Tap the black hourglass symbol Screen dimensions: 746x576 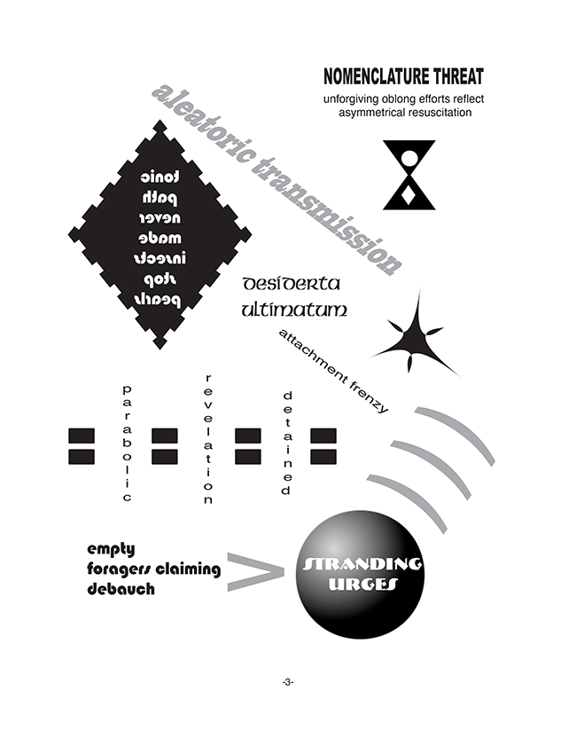click(409, 175)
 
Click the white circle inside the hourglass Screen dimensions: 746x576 click(409, 160)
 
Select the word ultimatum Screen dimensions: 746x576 click(293, 310)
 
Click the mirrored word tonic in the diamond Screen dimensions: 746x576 click(160, 177)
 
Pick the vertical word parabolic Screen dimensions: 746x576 click(127, 444)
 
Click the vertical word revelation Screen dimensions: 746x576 click(208, 439)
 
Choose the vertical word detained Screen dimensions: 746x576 click(286, 444)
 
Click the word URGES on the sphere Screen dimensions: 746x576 click(363, 585)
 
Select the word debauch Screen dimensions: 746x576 click(121, 588)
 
